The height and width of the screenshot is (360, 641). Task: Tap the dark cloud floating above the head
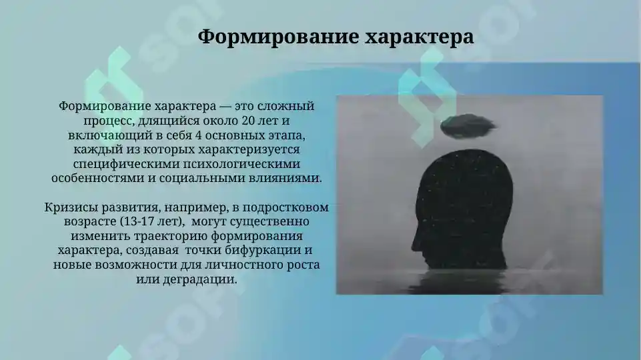467,124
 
